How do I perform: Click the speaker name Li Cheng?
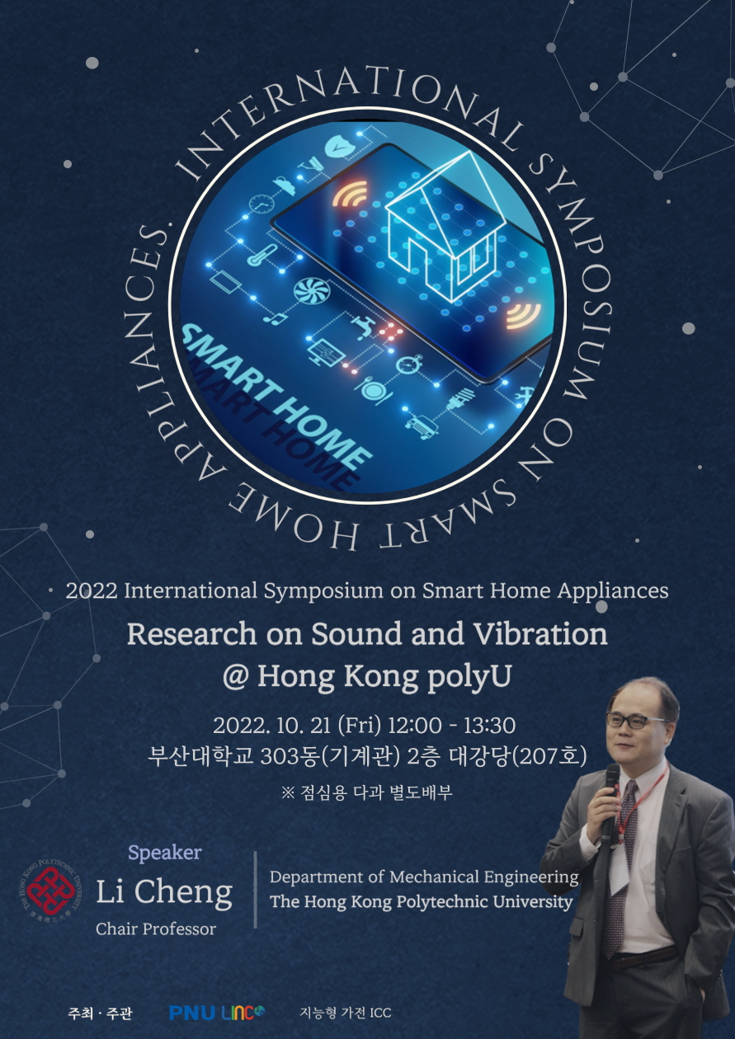tap(164, 891)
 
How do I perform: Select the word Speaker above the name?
tap(164, 853)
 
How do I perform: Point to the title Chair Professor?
tap(156, 929)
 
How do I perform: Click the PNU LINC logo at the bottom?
tap(217, 1013)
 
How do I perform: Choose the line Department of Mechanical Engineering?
tap(424, 877)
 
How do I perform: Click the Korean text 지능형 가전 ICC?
tap(346, 1013)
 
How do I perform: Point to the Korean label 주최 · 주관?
tap(100, 1013)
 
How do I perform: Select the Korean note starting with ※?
tap(367, 793)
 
